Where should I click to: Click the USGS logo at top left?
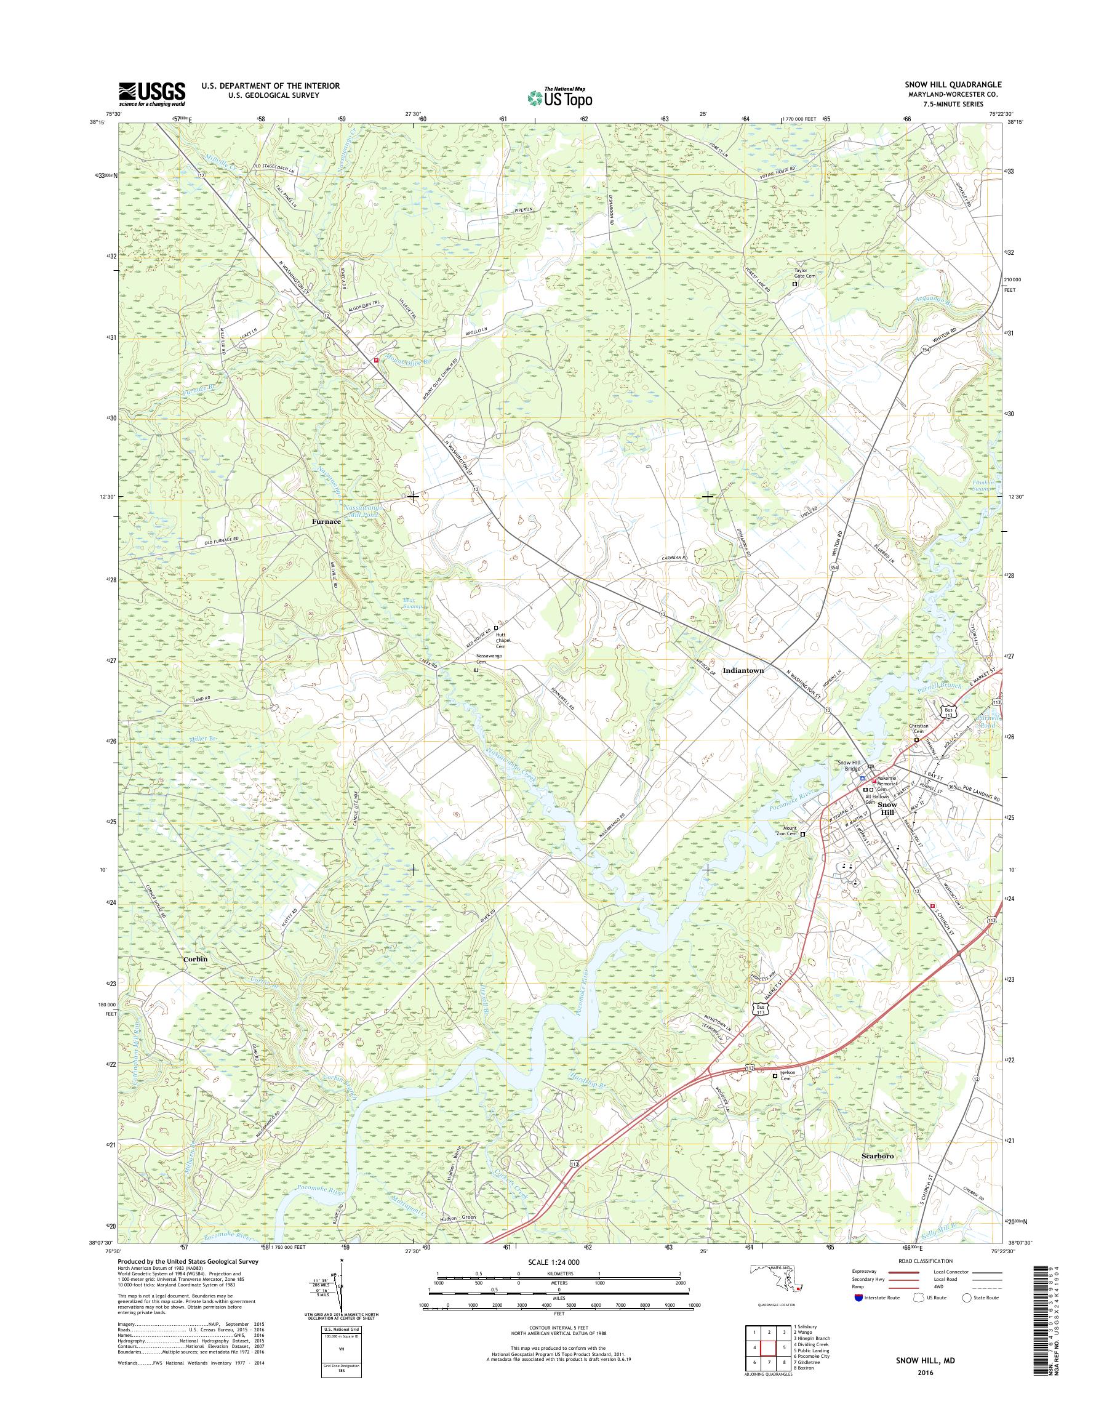tap(151, 94)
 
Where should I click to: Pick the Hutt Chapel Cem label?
tap(503, 640)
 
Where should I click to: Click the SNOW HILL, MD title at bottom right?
tap(926, 1374)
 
